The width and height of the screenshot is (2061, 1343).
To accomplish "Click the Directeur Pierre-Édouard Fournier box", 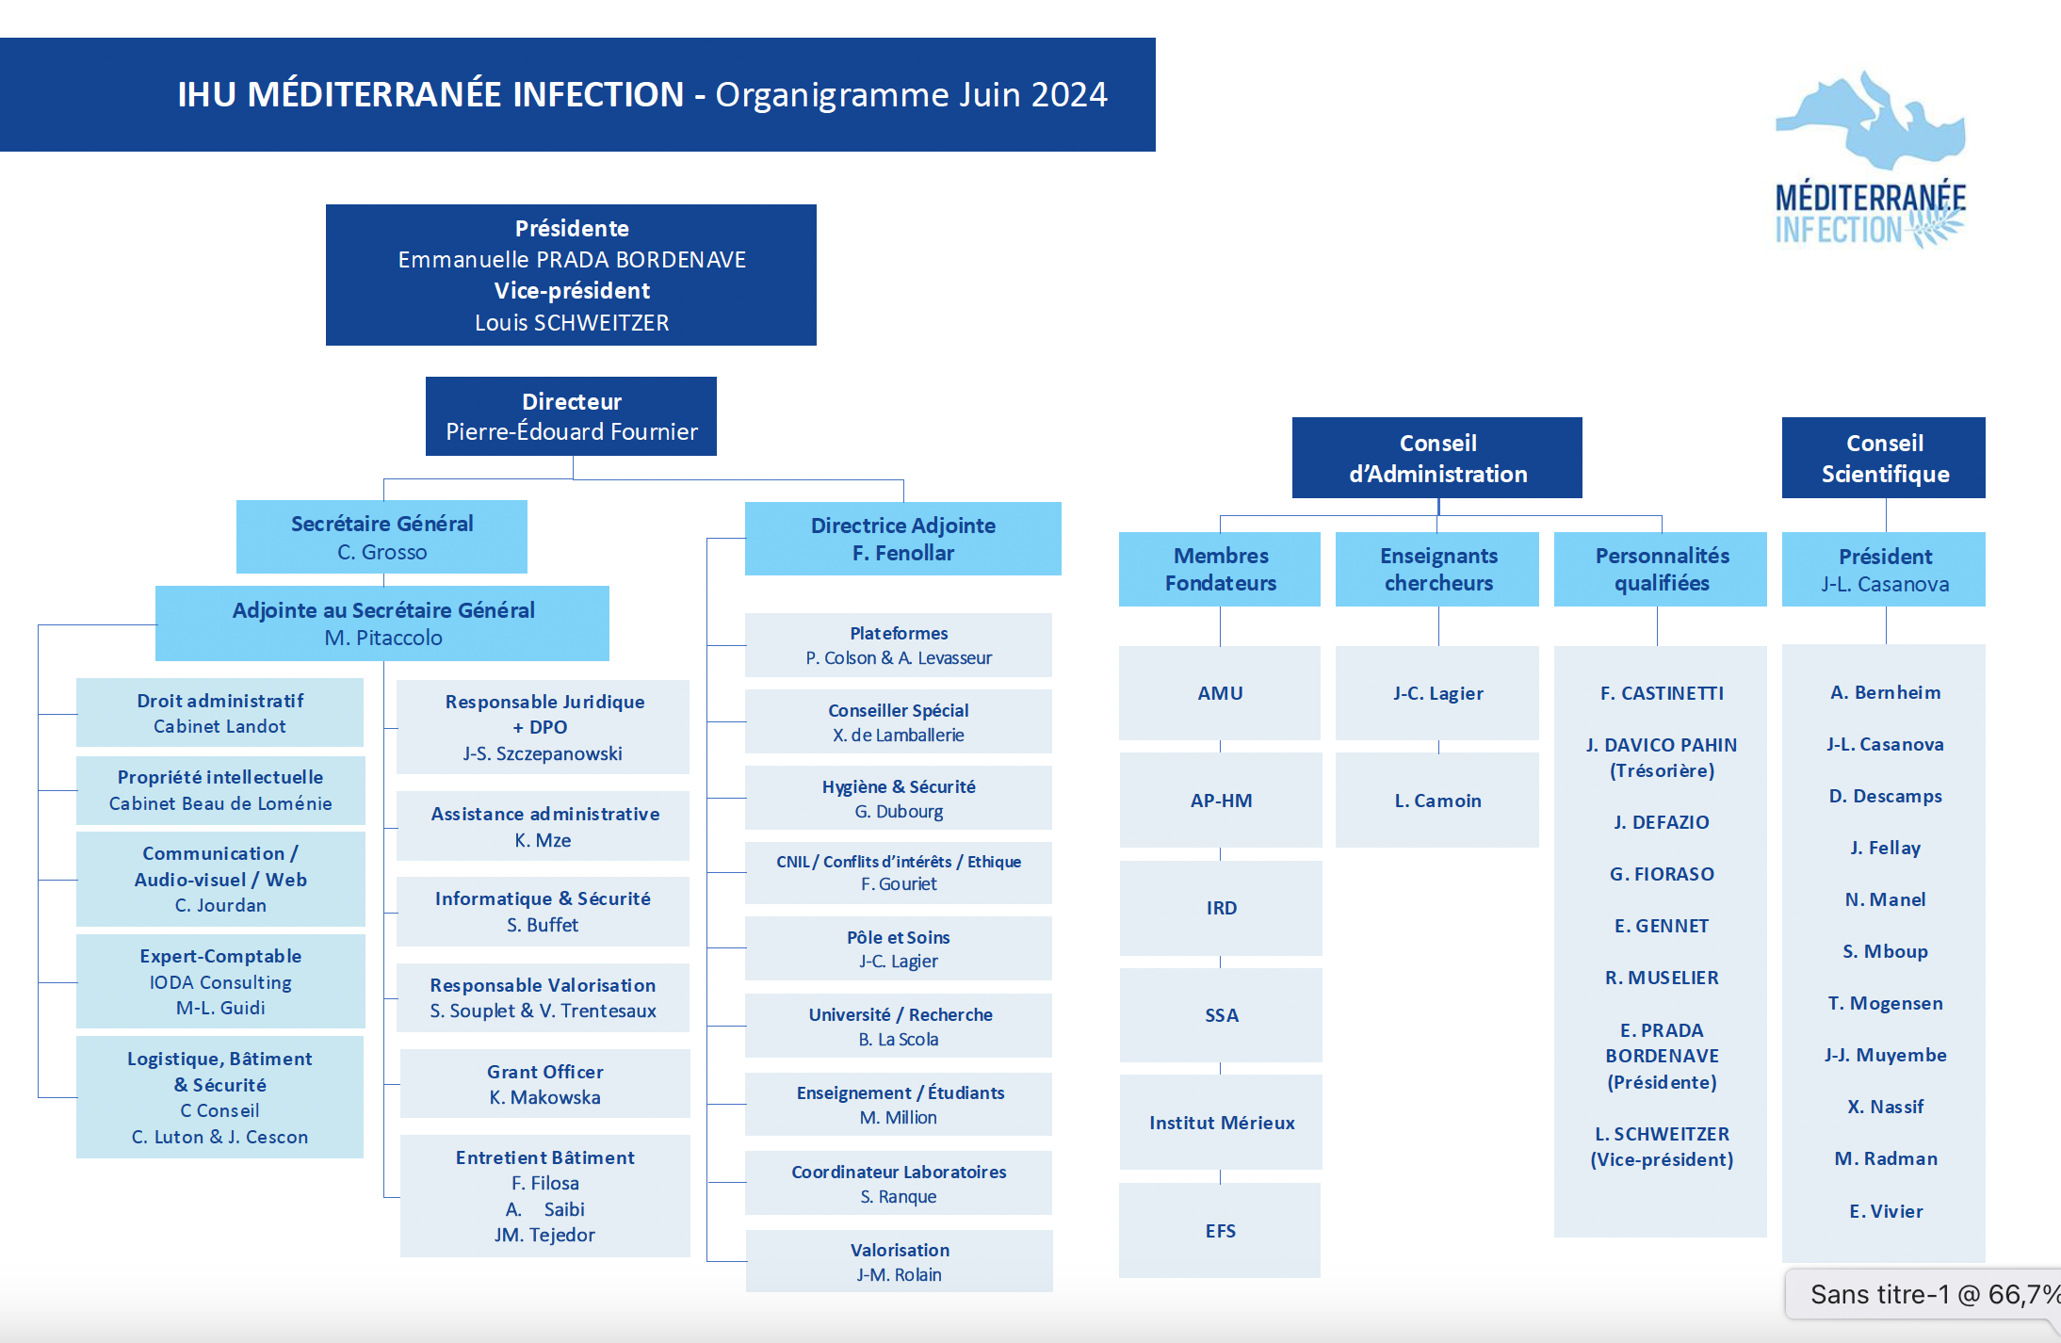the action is coord(571,416).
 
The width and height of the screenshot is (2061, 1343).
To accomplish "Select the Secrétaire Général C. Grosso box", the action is coord(381,537).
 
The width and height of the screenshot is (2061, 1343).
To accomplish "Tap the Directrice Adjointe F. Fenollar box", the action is coord(902,539).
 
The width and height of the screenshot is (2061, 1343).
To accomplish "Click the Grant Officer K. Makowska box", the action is coord(544,1083).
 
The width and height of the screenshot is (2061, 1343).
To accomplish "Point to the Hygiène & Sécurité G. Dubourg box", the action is coord(899,798).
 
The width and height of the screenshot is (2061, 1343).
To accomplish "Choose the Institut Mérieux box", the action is coord(1221,1123).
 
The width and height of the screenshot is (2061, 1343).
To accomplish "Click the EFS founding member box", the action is coord(1220,1230).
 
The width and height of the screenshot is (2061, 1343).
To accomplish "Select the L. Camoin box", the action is coord(1437,801).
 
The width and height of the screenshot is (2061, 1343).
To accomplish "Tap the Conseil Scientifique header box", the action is coord(1884,458).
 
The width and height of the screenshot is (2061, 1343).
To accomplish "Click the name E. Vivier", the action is coord(1886,1211).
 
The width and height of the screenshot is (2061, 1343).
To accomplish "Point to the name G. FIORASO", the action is coord(1662,874).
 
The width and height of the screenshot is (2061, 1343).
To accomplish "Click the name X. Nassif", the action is coord(1886,1107).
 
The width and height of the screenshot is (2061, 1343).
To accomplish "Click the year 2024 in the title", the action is coord(1069,94).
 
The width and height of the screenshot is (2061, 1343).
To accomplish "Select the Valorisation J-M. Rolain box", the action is coord(899,1261).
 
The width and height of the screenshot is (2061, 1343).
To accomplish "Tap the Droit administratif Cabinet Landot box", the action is coord(219,713).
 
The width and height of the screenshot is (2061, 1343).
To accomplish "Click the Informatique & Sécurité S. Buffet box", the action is coord(543,912).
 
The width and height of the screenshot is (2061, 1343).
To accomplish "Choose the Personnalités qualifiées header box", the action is coord(1661,569).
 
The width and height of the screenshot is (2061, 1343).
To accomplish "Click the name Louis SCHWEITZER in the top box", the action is coord(572,323).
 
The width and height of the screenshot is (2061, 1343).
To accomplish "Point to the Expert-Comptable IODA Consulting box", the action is coord(220,981).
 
